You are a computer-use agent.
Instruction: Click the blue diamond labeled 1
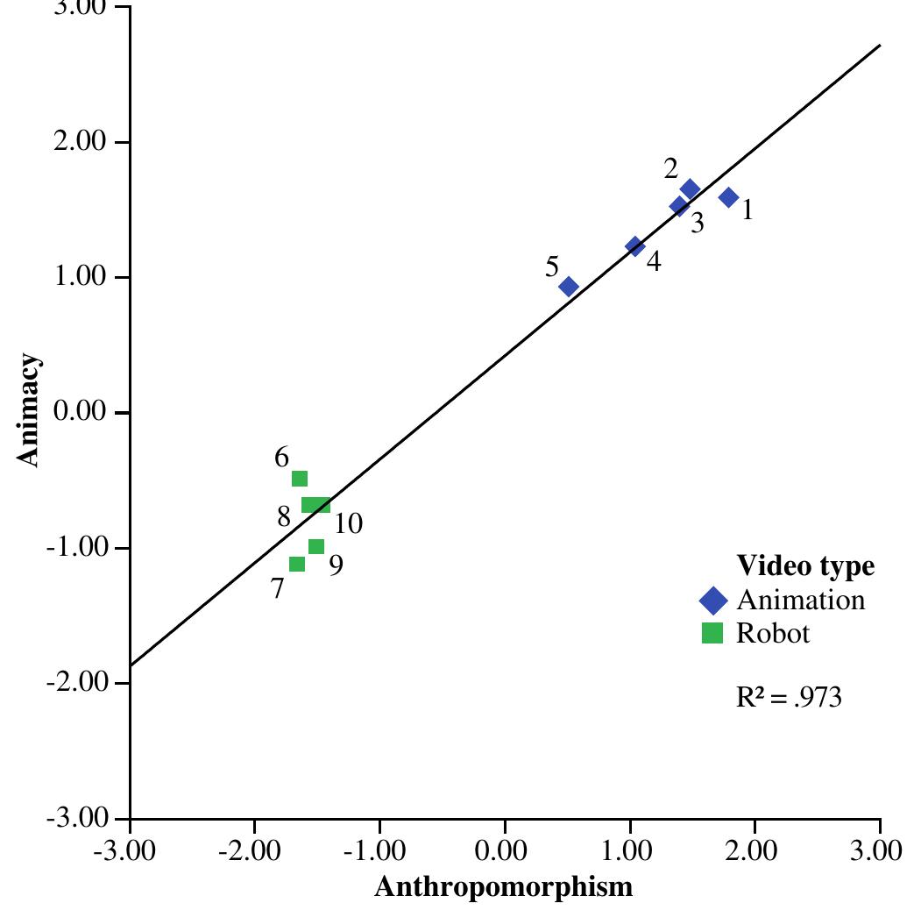point(728,197)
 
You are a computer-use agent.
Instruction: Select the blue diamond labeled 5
point(569,287)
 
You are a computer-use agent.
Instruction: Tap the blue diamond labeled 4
point(634,246)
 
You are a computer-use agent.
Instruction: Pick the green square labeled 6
point(300,479)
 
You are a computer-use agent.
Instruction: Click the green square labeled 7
point(297,564)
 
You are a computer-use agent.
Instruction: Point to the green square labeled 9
point(316,547)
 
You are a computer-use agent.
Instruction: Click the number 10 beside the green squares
point(348,523)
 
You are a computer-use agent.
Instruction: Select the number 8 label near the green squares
point(284,517)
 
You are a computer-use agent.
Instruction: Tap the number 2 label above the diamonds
point(671,169)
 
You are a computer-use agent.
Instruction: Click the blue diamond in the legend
point(713,601)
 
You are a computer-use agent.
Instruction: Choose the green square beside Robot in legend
point(712,633)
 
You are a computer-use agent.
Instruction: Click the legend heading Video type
point(806,566)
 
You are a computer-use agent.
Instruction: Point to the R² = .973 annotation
point(789,697)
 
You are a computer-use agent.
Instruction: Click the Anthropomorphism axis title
point(504,886)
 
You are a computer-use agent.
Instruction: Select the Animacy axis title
point(28,410)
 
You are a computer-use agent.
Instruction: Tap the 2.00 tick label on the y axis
point(80,141)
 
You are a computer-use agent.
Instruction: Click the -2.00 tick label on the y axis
point(77,682)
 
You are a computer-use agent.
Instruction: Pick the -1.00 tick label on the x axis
point(375,850)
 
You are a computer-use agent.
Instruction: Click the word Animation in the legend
point(801,600)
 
